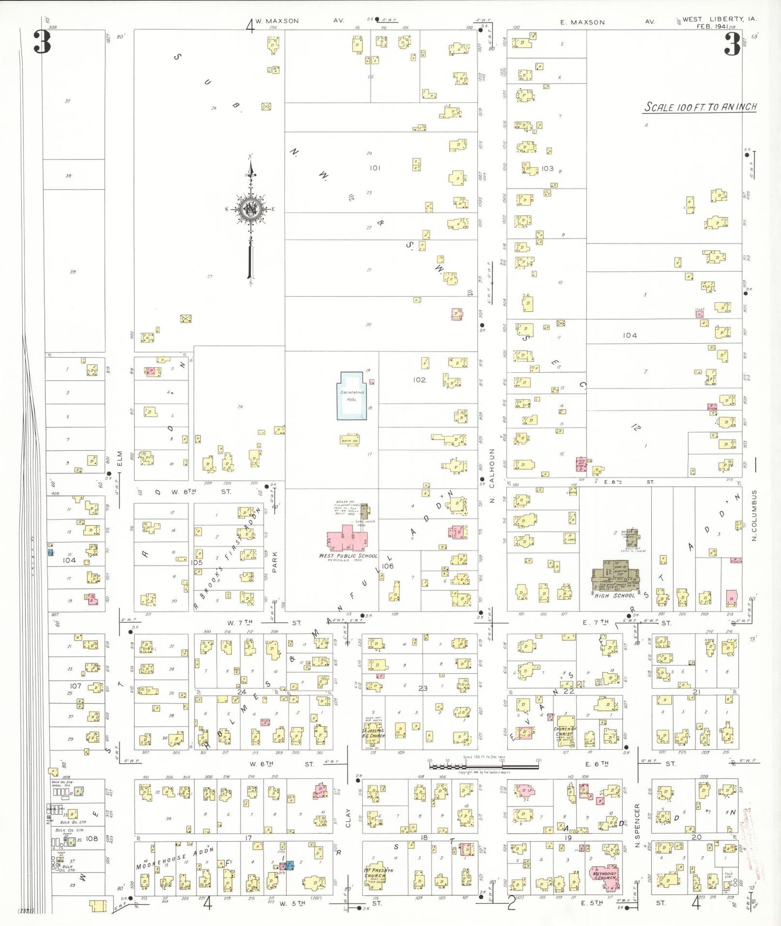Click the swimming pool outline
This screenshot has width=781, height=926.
tap(351, 395)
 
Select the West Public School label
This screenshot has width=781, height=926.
tap(348, 556)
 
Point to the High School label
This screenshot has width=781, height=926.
tap(615, 596)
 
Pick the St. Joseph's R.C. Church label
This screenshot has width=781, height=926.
tap(373, 734)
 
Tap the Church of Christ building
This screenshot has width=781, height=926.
tap(565, 729)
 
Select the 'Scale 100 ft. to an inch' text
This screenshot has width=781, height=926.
tap(700, 107)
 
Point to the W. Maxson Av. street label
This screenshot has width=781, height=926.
tap(277, 21)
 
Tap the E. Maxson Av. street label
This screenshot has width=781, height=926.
tap(583, 22)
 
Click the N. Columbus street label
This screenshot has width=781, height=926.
tap(754, 515)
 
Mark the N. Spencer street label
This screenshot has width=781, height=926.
tap(637, 826)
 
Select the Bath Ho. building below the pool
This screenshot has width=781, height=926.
tap(350, 440)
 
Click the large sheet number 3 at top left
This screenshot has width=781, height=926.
tap(42, 42)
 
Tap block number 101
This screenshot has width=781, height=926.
tap(375, 168)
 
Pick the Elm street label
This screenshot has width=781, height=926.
tap(120, 458)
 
